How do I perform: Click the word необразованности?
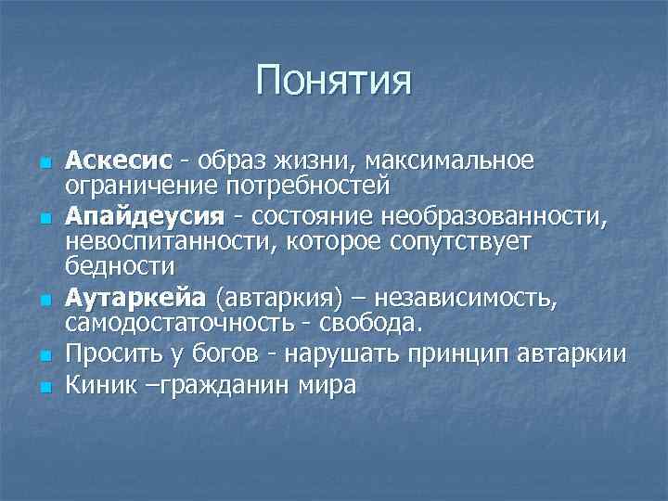[x=483, y=217]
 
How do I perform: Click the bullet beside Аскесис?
[x=44, y=163]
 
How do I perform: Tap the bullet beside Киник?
[x=44, y=387]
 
